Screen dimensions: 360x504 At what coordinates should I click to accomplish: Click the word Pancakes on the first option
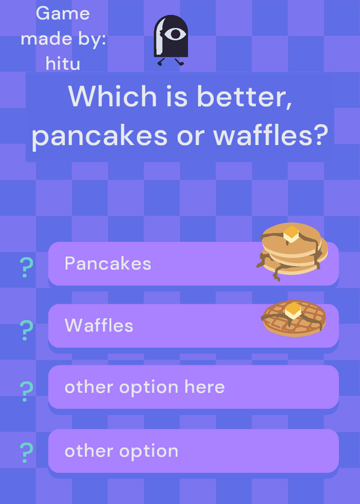[108, 263]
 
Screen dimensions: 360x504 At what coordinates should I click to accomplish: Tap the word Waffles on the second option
[99, 325]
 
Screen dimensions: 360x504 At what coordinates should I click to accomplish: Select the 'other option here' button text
[144, 387]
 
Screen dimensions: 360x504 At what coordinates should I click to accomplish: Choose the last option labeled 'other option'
[121, 452]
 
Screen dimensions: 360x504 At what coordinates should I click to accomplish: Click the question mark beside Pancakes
[26, 267]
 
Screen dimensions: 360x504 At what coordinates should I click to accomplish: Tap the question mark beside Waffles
[26, 330]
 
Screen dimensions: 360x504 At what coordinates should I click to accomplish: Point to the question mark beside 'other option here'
[26, 391]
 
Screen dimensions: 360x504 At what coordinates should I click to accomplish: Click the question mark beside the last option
[26, 452]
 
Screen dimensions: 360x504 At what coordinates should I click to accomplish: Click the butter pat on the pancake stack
[291, 234]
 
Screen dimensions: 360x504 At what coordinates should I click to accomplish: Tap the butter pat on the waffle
[293, 311]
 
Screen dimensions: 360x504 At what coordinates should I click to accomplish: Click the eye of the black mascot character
[175, 34]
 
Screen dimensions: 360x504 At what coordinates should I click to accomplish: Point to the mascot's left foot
[161, 62]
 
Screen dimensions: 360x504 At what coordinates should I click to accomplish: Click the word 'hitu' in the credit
[63, 64]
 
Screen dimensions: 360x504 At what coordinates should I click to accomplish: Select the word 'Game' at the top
[63, 13]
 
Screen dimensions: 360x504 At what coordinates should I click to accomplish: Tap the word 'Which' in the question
[112, 96]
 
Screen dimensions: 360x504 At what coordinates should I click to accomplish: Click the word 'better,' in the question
[245, 96]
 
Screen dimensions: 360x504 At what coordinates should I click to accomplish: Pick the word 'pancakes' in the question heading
[100, 136]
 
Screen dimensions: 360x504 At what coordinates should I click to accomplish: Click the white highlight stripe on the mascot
[160, 36]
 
